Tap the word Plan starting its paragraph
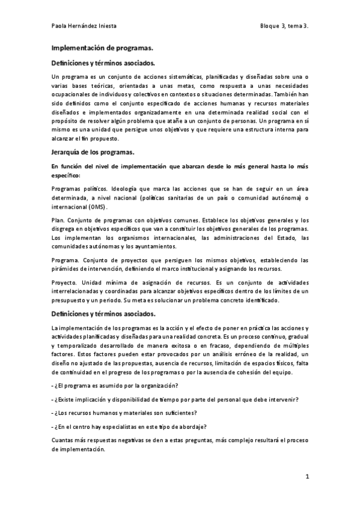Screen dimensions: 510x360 58,220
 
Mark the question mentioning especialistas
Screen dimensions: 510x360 129,426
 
